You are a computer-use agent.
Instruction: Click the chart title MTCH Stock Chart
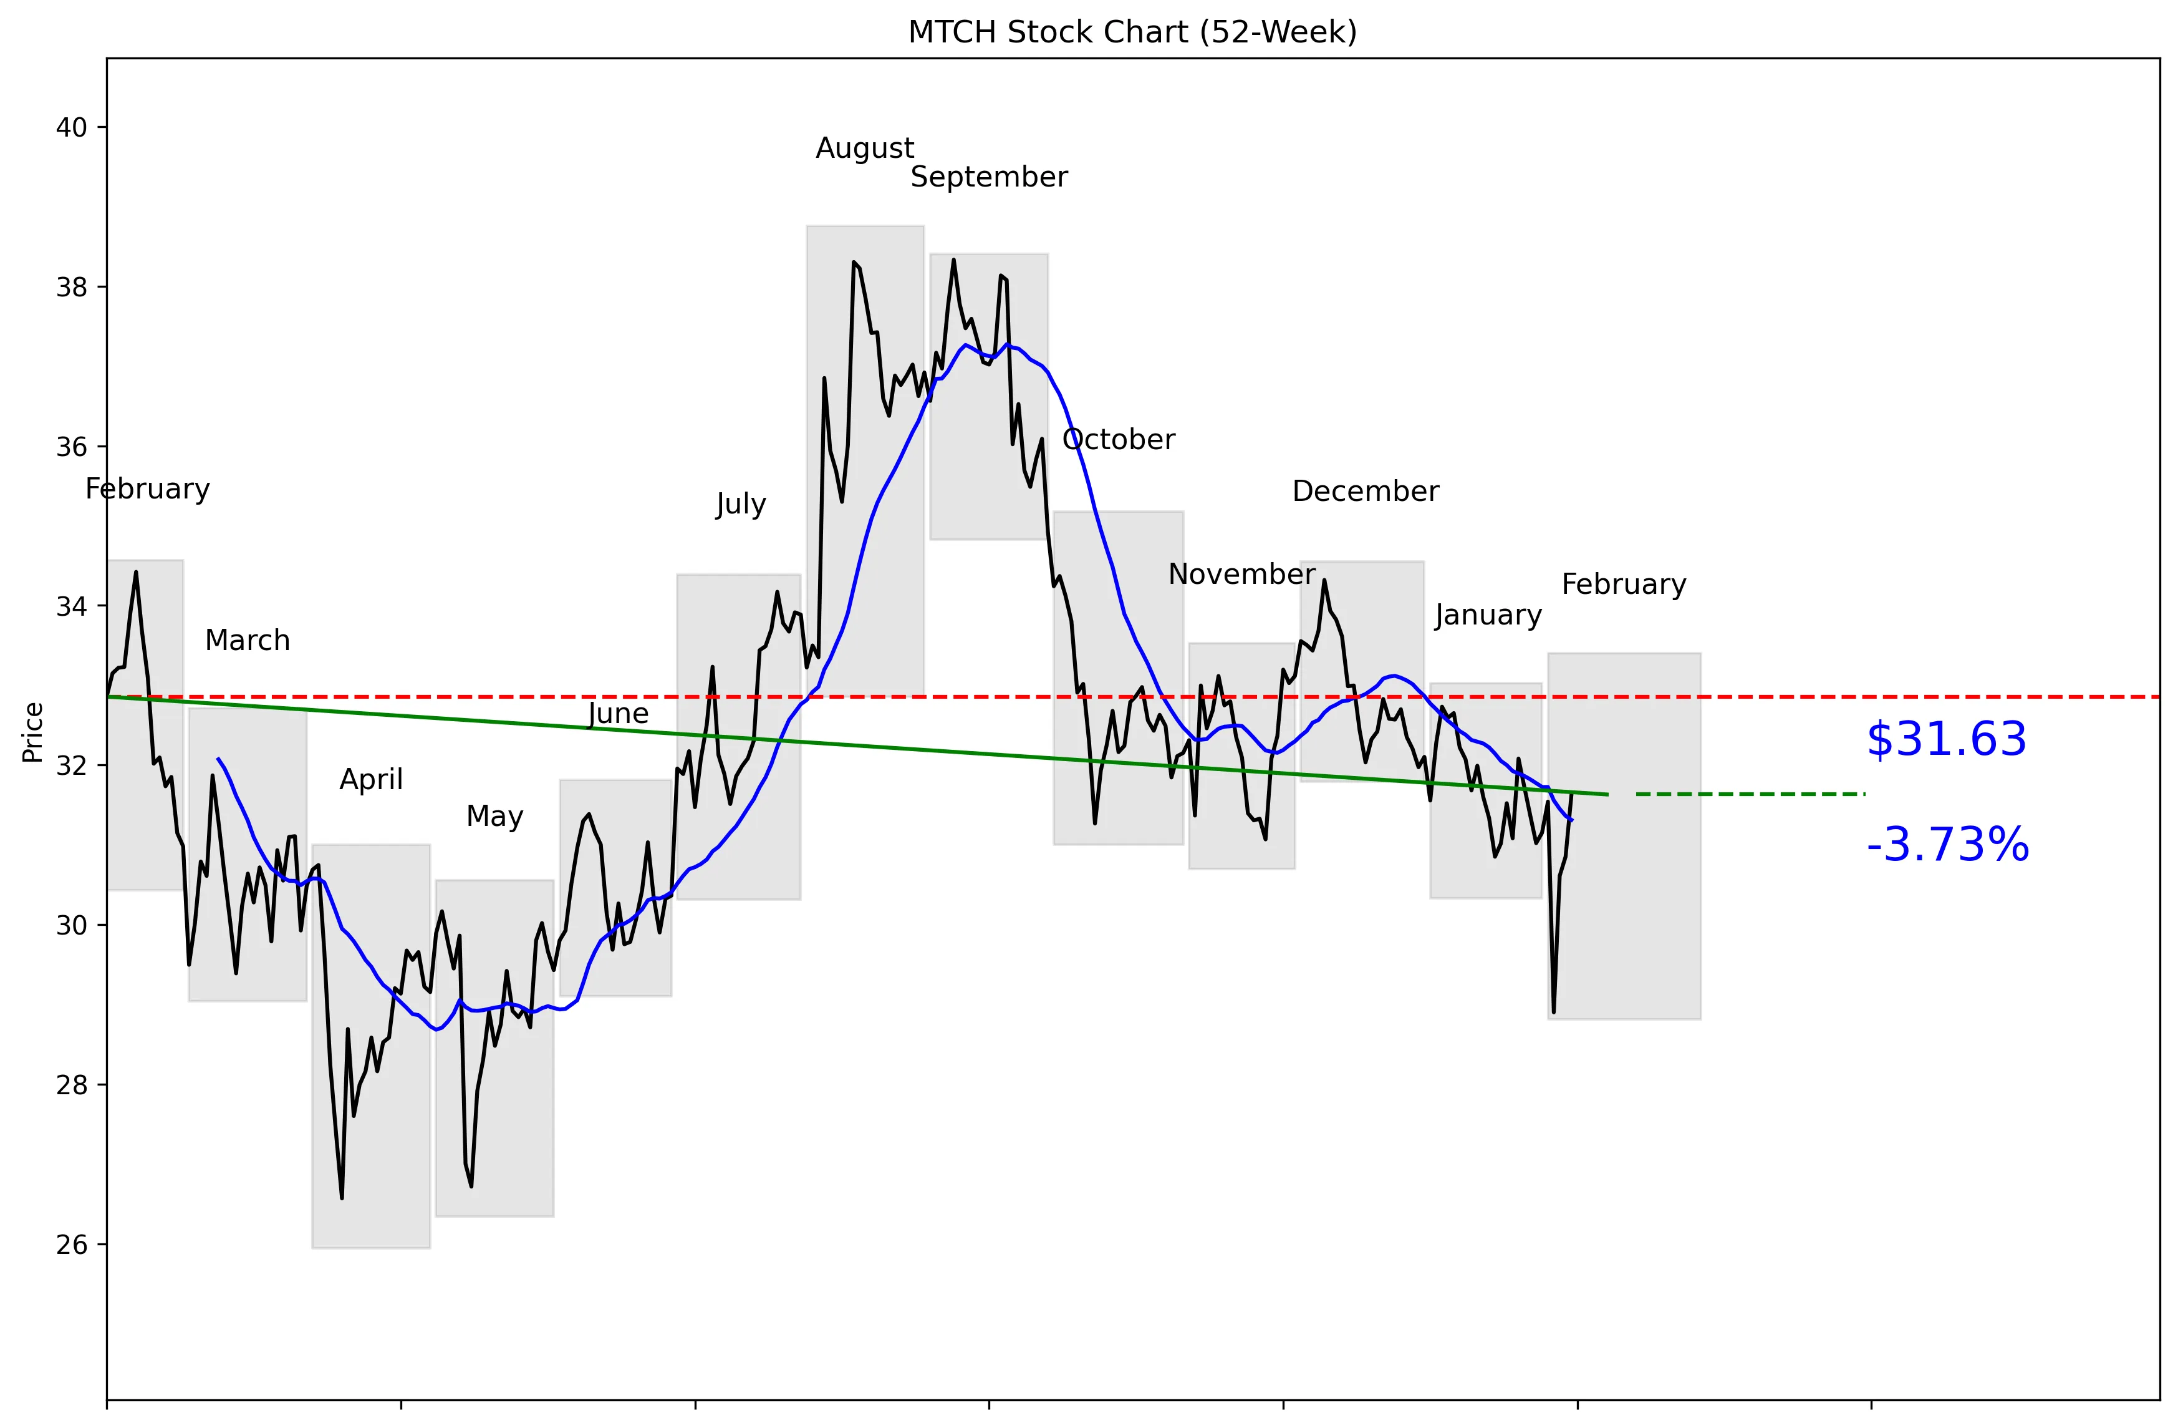tap(1132, 32)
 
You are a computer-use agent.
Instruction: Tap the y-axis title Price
tap(33, 732)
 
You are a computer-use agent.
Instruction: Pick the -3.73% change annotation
tap(1947, 845)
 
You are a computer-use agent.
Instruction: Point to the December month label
tap(1366, 492)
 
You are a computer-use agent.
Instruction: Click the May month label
tap(494, 817)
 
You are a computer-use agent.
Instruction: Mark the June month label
tap(619, 714)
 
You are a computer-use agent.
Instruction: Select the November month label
tap(1242, 575)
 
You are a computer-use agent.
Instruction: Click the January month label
tap(1488, 615)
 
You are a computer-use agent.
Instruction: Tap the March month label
tap(247, 641)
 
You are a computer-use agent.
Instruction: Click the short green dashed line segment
tap(1750, 794)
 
